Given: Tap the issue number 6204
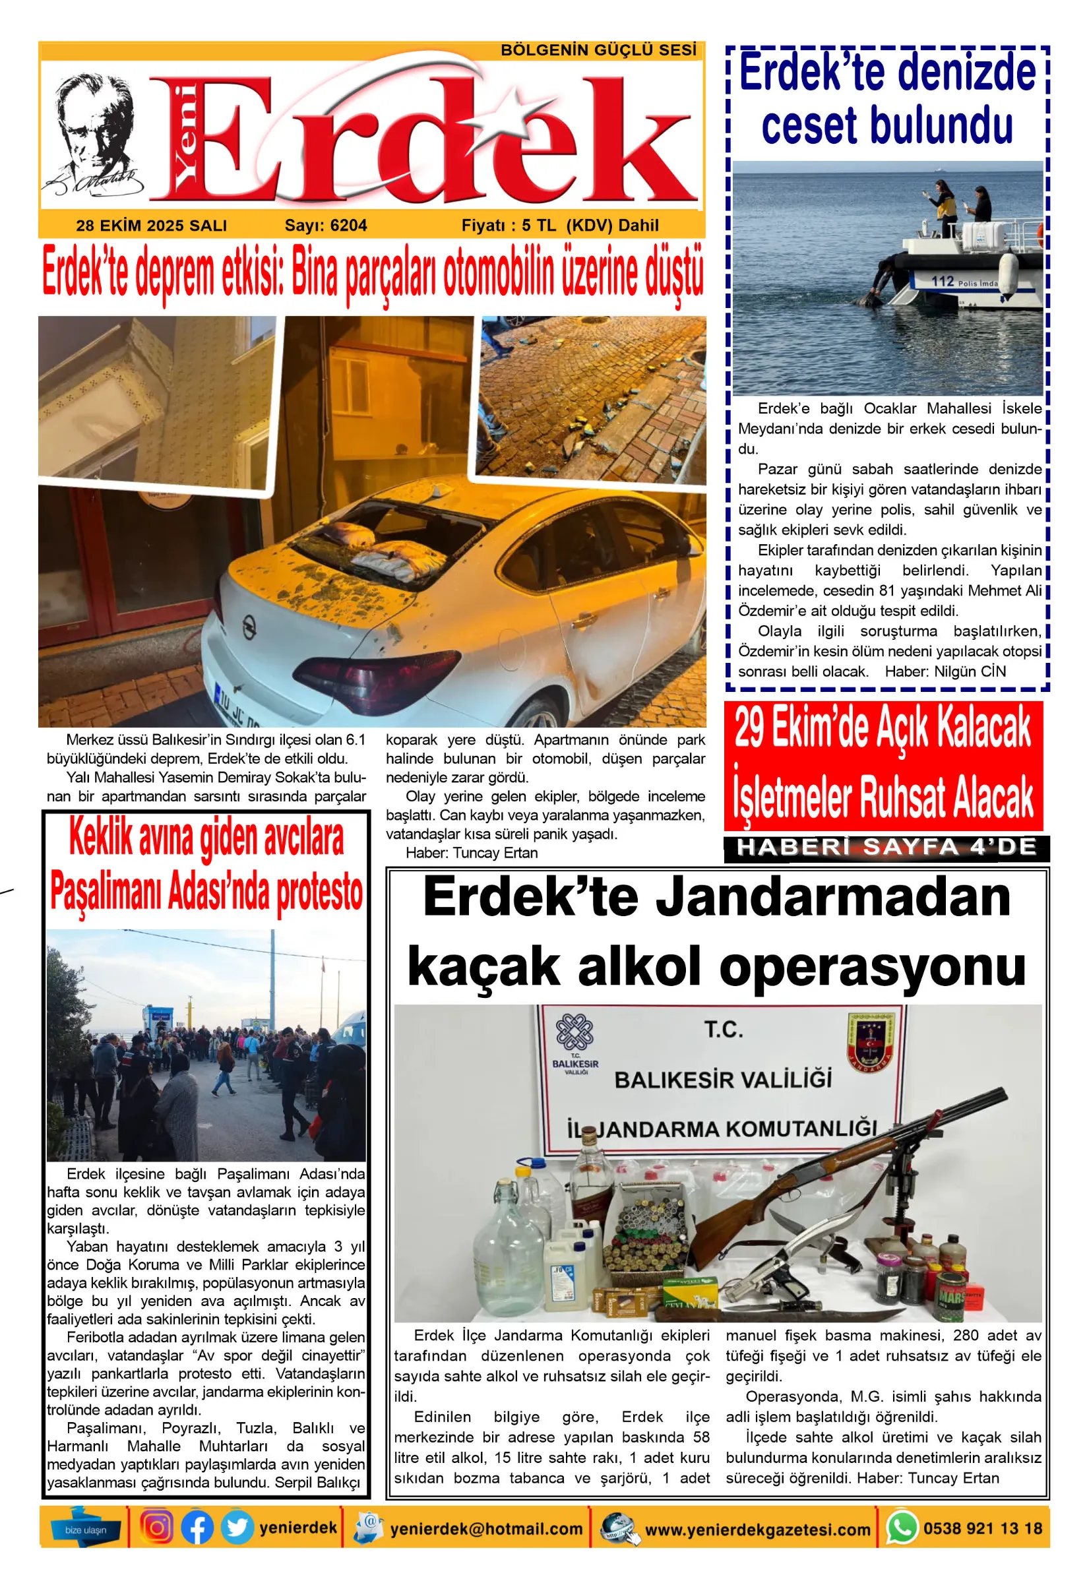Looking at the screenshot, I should click(x=348, y=226).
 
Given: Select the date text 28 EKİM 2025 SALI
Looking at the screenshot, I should click(x=151, y=226).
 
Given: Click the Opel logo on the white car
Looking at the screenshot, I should click(x=249, y=625).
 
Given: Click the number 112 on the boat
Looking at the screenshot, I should click(x=943, y=280).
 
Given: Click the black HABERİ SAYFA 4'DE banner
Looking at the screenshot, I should click(x=886, y=848).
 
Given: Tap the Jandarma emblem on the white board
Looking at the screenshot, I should click(x=870, y=1040).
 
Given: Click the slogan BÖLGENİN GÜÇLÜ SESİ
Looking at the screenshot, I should click(x=598, y=50).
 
